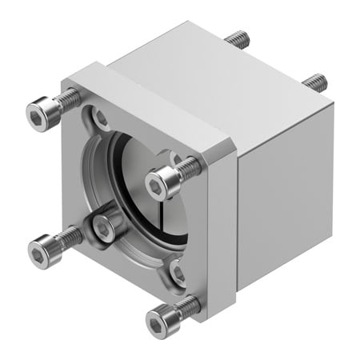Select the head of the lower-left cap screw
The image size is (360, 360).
pyautogui.click(x=41, y=250)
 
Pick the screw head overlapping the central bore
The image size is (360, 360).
pyautogui.click(x=163, y=183)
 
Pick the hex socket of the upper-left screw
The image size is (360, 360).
pyautogui.click(x=36, y=118)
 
